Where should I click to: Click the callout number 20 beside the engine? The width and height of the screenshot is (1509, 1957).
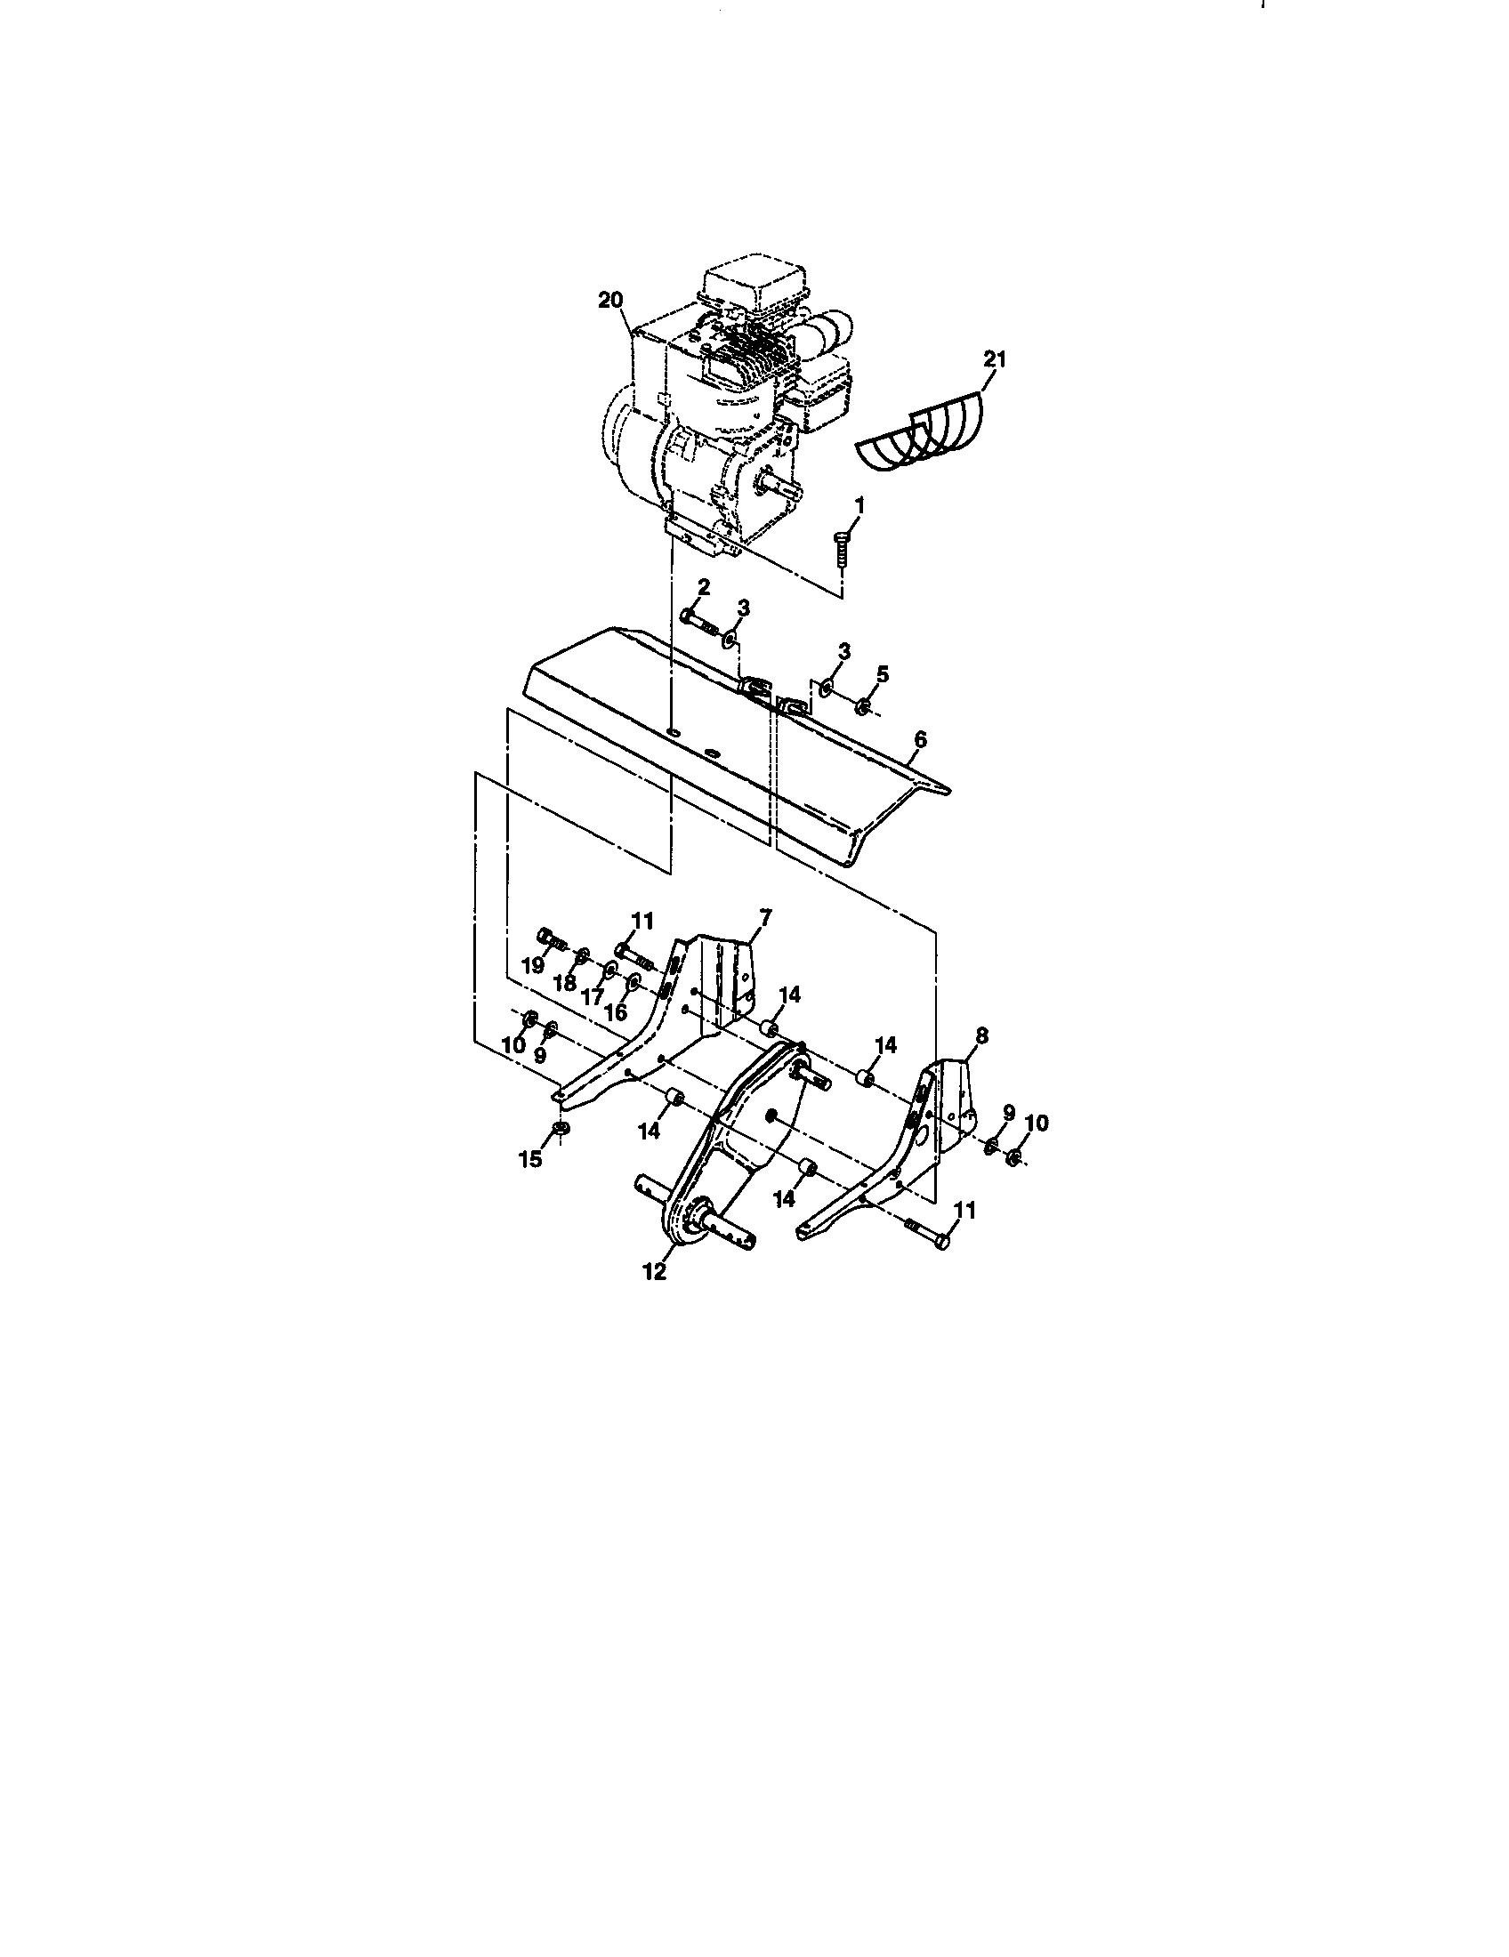[x=609, y=301]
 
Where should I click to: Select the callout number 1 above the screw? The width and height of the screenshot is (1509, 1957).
[x=859, y=506]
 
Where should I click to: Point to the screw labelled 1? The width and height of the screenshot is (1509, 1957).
[x=841, y=546]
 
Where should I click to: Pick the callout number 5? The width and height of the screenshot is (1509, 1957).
[x=883, y=675]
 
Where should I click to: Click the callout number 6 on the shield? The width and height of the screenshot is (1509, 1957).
[x=919, y=740]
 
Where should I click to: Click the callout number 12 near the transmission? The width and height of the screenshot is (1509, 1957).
[x=655, y=1271]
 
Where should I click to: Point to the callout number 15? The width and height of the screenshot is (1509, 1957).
[x=530, y=1159]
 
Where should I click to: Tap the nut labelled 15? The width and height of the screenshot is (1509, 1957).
[x=557, y=1128]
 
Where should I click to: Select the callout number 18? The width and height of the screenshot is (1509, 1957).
[x=564, y=983]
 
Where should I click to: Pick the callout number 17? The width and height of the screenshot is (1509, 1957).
[x=593, y=995]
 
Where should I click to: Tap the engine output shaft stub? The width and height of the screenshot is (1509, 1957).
[x=773, y=485]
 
